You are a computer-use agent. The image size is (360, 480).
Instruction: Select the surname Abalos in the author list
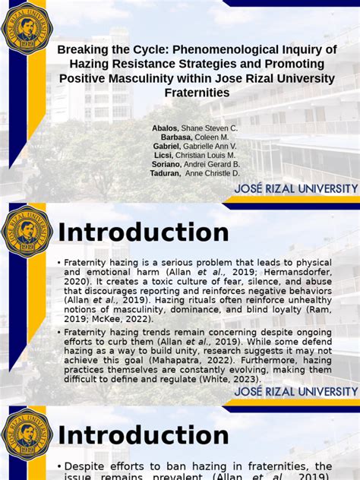tap(166, 128)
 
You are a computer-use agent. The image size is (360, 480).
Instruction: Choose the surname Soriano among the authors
tap(166, 164)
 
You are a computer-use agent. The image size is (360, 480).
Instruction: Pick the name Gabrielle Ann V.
tap(210, 146)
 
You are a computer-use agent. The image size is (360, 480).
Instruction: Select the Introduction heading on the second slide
tap(144, 232)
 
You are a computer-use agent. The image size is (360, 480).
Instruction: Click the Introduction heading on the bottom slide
tap(144, 435)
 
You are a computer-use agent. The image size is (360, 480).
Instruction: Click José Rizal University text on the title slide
tap(296, 188)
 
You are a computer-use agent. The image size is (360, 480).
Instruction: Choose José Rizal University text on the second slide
tap(296, 391)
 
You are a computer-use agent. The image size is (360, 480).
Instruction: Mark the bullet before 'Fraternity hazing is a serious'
tap(58, 263)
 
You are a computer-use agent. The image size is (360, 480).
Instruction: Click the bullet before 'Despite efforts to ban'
tap(58, 466)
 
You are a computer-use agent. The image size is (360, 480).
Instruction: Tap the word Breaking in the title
tap(82, 49)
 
